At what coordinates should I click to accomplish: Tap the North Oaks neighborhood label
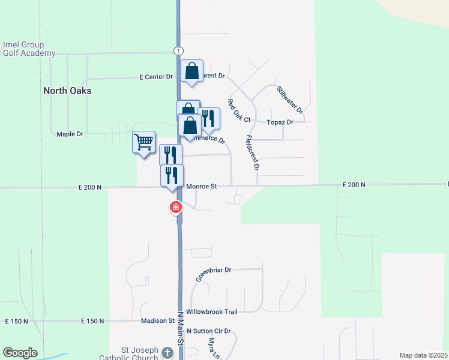pos(67,91)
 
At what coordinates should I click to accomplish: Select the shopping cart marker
pos(144,143)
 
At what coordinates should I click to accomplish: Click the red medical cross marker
pos(175,208)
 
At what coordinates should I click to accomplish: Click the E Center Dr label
pos(155,77)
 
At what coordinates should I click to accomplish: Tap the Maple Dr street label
pos(70,134)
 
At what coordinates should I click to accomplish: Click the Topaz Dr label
pos(281,122)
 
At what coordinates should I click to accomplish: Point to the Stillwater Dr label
pos(290,100)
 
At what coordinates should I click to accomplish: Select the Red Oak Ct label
pos(238,111)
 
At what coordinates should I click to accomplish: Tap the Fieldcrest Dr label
pos(252,152)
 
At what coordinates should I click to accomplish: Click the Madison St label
pos(157,321)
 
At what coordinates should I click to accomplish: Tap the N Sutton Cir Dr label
pos(208,331)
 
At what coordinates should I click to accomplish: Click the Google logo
pos(20,353)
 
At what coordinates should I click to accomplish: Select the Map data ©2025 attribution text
pos(423,355)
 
